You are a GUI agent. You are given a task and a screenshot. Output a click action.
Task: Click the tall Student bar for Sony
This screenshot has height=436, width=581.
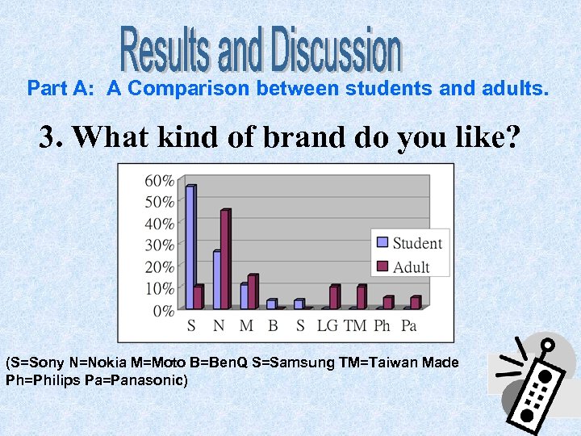coord(190,246)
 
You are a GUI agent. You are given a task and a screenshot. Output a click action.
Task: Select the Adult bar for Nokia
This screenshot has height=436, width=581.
coord(225,258)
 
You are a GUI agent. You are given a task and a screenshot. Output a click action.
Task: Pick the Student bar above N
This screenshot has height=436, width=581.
coord(217,279)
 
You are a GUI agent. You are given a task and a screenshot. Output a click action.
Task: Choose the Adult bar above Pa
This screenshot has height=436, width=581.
coord(415,302)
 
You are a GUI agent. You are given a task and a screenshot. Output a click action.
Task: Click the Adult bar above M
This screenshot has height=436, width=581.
coord(252,291)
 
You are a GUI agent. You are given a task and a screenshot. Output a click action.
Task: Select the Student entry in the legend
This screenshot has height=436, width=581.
coord(409,243)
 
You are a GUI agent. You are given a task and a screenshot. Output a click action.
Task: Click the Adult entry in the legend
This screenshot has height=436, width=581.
coord(403,266)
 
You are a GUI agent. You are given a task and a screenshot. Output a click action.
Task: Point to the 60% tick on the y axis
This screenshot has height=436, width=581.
coord(158,180)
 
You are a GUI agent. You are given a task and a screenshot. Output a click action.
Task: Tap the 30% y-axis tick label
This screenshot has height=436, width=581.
coord(158,245)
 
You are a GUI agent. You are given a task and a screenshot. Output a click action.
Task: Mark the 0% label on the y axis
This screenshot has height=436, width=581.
coord(162,310)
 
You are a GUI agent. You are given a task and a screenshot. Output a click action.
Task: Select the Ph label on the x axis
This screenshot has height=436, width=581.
coord(382,325)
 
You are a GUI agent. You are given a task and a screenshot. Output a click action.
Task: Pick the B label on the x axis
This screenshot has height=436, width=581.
coord(273,325)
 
